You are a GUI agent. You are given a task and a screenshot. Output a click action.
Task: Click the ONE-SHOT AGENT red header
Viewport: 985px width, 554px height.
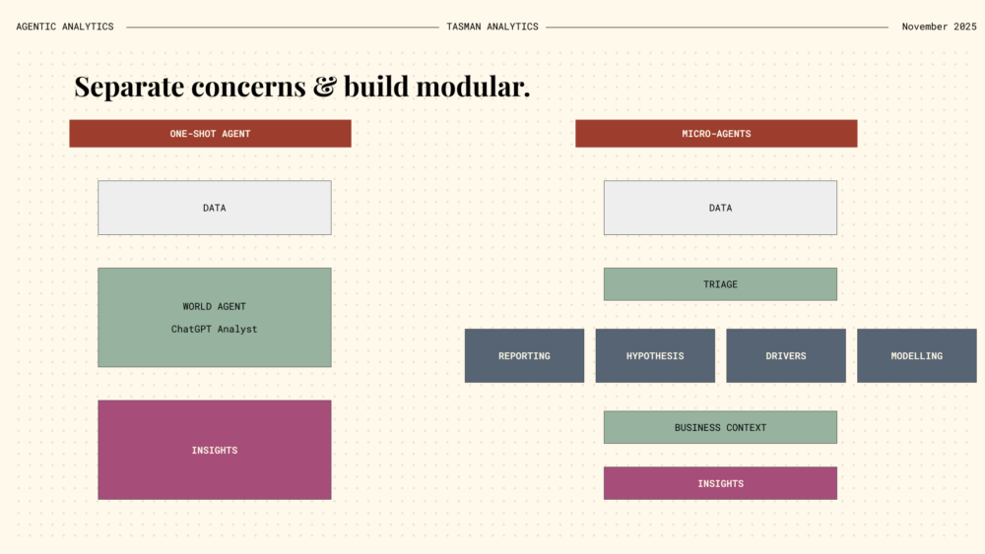[210, 134]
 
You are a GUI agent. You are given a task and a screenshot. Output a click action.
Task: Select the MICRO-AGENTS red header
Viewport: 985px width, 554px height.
[716, 134]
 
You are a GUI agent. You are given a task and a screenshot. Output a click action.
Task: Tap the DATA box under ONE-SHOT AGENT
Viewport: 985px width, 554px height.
[214, 208]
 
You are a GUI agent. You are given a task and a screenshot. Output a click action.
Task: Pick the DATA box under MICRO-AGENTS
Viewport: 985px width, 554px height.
[721, 208]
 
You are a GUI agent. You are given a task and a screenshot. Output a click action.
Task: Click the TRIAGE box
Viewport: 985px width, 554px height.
[721, 284]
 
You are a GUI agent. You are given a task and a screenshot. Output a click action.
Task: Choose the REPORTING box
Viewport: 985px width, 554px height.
[525, 356]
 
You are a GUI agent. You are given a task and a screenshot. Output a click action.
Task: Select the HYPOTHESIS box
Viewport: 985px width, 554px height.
[655, 356]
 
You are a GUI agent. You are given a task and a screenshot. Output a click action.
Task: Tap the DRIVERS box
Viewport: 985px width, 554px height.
[786, 356]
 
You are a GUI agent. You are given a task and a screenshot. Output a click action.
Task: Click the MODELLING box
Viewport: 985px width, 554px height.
[916, 356]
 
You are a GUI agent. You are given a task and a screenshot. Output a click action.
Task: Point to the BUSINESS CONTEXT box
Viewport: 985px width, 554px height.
[721, 427]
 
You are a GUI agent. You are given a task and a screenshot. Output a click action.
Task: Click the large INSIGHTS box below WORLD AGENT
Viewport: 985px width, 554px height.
[214, 450]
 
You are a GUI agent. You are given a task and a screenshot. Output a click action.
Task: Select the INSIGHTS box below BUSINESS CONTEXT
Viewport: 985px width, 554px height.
[721, 483]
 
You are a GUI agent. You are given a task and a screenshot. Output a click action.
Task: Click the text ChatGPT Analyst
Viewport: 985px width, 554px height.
[214, 329]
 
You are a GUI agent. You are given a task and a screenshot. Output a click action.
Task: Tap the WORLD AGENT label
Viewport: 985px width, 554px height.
[214, 306]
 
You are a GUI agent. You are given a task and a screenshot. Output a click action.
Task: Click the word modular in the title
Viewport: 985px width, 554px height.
[472, 86]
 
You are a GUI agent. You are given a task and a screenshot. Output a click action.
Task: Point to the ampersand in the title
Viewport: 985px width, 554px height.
[325, 87]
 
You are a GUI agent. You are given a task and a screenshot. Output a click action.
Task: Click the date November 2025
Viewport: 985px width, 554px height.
[939, 27]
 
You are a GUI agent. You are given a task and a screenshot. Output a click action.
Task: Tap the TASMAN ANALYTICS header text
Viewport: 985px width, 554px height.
[492, 27]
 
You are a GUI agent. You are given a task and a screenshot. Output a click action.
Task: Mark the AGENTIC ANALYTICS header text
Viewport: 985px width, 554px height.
[65, 27]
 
